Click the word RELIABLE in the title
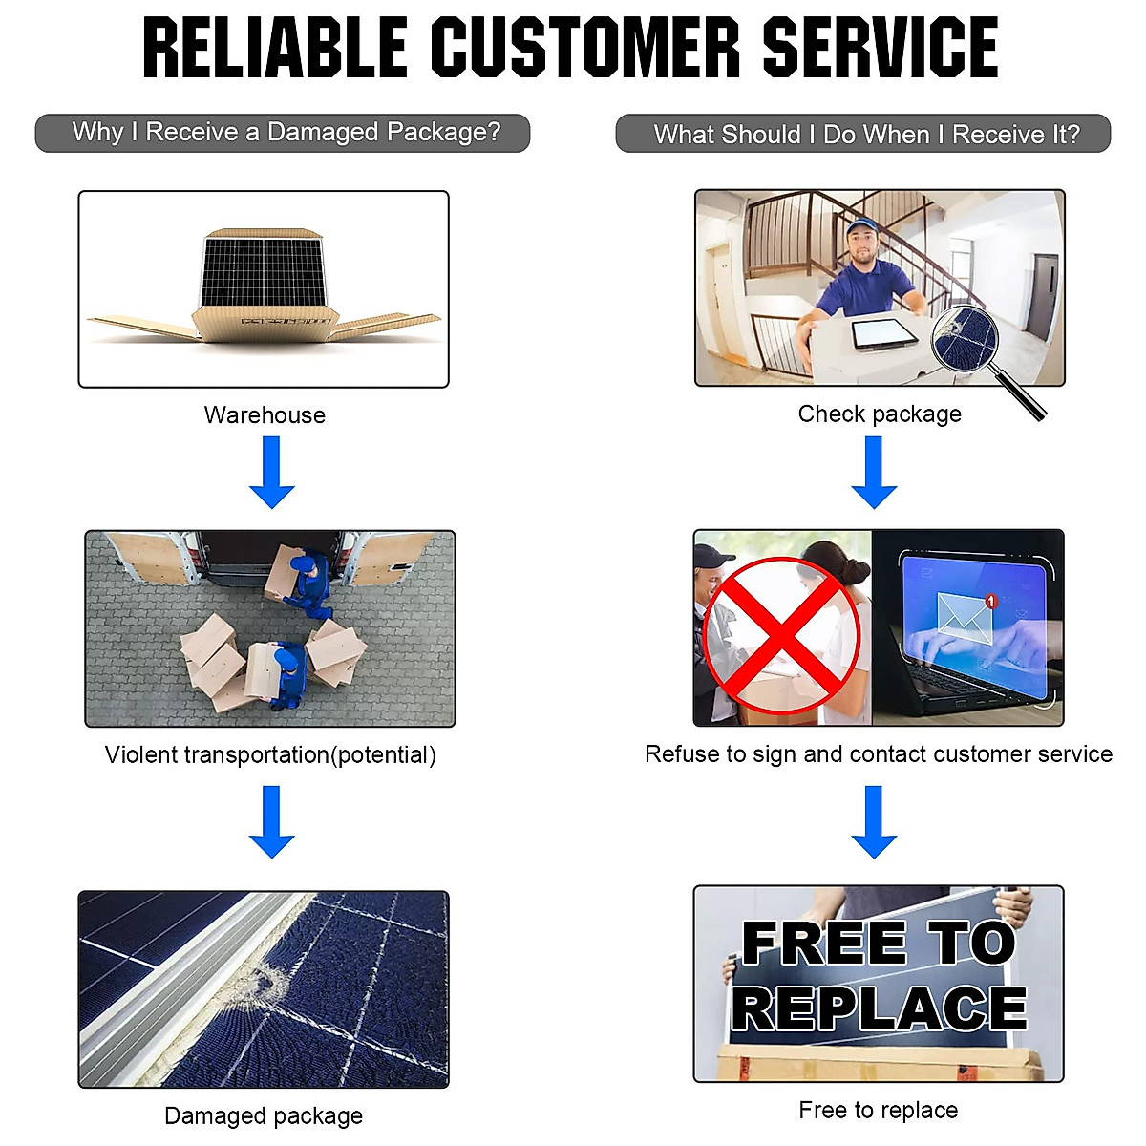click(x=275, y=48)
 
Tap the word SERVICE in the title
click(x=880, y=48)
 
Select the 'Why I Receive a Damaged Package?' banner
click(x=283, y=133)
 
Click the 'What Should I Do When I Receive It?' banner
click(x=863, y=134)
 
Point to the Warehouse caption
click(x=265, y=415)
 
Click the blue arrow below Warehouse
click(x=272, y=472)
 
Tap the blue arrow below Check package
click(x=874, y=472)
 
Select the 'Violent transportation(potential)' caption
click(x=270, y=755)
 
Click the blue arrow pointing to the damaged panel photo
click(x=272, y=821)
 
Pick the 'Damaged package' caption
click(x=264, y=1115)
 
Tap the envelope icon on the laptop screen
click(x=965, y=612)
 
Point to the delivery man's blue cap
click(x=862, y=227)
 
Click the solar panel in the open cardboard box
click(x=264, y=269)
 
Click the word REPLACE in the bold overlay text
click(x=879, y=1008)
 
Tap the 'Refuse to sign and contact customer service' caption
click(x=879, y=754)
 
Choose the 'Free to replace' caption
click(x=879, y=1110)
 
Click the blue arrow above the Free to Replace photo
click(x=874, y=821)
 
